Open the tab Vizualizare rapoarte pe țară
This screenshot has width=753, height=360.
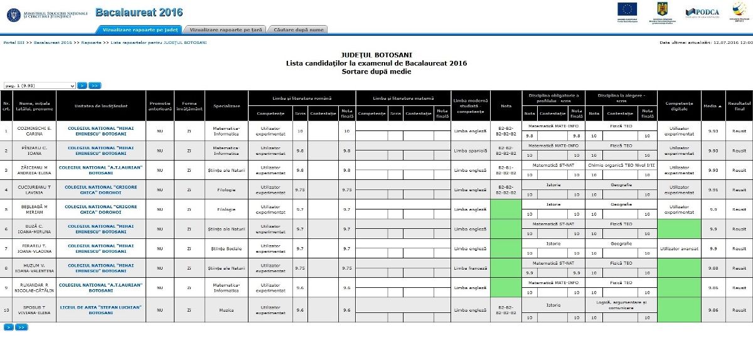point(225,29)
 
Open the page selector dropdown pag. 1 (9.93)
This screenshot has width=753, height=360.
point(40,85)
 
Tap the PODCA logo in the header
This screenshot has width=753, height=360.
point(702,11)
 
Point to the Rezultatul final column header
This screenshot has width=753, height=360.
point(739,105)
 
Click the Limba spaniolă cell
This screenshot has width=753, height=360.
point(470,151)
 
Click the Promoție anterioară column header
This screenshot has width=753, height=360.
point(159,105)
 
